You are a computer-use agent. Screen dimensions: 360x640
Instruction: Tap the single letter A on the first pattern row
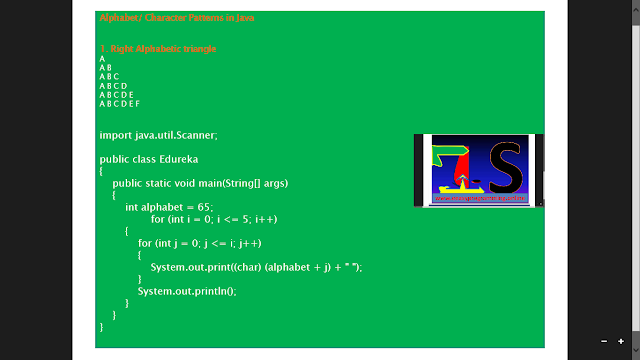pos(102,59)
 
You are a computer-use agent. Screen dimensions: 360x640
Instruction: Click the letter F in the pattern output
pos(136,103)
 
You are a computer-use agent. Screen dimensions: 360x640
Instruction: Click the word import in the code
pos(115,134)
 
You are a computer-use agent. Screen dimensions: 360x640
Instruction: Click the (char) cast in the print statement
pos(248,267)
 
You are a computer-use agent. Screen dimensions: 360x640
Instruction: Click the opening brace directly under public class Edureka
pos(102,171)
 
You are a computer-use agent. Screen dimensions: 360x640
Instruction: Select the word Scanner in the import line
pos(195,134)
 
